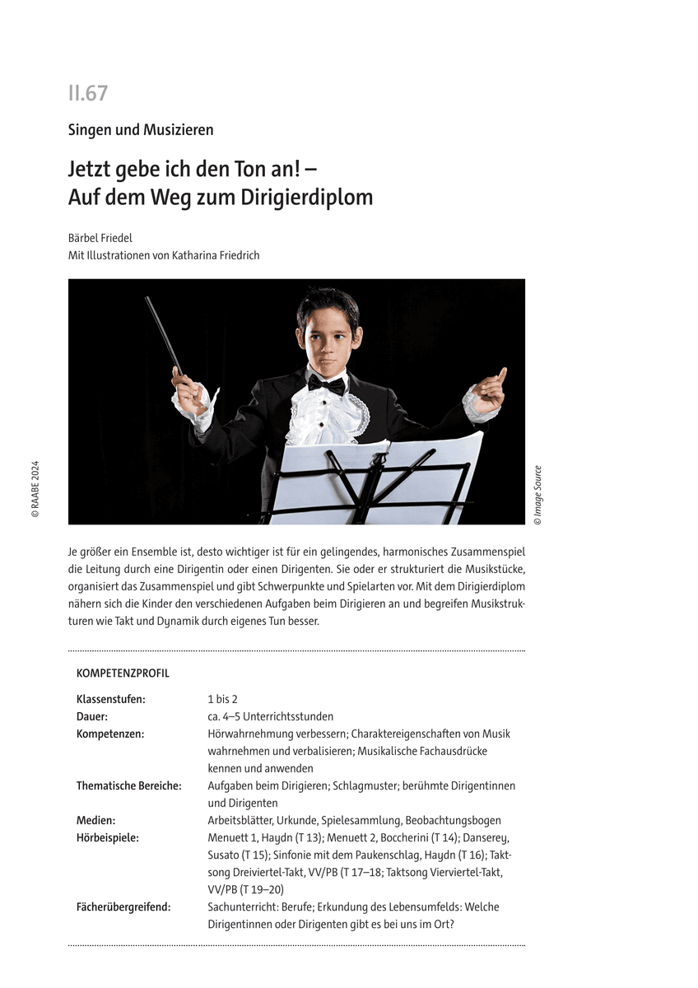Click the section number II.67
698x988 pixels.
88,93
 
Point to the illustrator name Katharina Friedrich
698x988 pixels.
215,255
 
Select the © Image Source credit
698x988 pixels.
537,495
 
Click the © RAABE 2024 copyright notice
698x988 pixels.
35,489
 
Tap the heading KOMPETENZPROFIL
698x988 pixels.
123,673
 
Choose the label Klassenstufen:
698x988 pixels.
111,699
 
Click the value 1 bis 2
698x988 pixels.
222,699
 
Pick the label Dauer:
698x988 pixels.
92,716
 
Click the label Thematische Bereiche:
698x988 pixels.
129,785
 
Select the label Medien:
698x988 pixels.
95,820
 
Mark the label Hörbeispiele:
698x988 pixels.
108,837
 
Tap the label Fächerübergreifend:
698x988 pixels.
123,906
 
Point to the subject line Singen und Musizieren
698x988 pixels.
141,130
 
